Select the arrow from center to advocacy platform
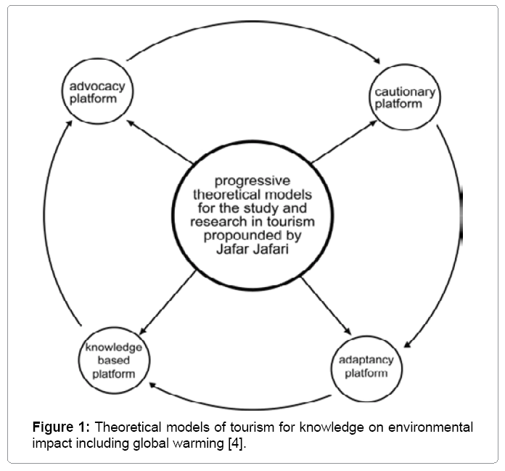[160, 140]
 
